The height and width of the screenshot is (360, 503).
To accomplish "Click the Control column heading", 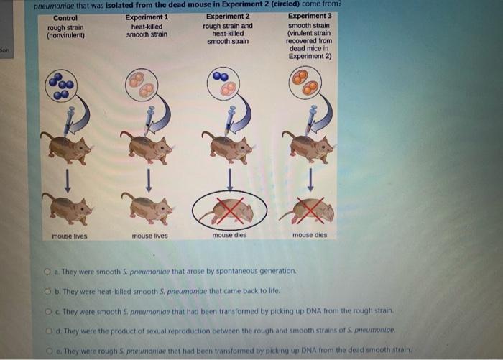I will point(65,18).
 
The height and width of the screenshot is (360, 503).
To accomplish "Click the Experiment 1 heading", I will point(147,17).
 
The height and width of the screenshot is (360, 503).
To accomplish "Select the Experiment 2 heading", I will point(228,17).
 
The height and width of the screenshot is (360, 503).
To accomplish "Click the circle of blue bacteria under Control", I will point(61,85).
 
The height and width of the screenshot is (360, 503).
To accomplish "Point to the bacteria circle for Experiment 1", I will point(142,84).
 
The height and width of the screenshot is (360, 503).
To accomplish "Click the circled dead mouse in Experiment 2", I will point(230,208).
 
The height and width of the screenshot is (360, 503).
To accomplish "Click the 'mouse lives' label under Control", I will point(70,236).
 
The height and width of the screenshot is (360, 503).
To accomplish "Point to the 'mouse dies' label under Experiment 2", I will point(229,235).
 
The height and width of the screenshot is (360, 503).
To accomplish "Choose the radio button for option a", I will point(55,272).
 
